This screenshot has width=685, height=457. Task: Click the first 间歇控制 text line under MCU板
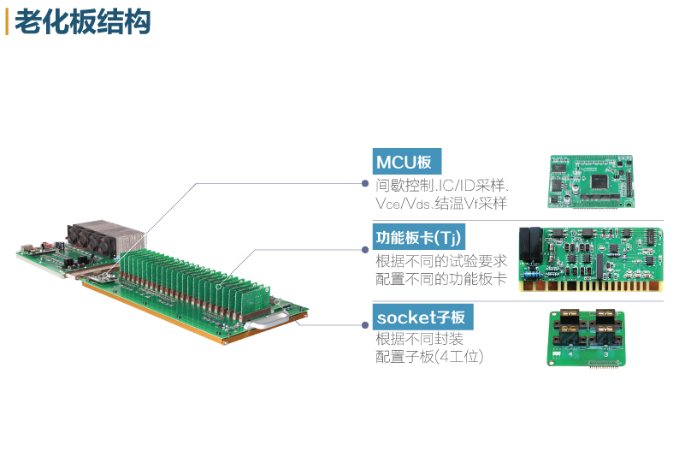click(x=440, y=184)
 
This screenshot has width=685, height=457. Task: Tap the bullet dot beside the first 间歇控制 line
click(x=366, y=184)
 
